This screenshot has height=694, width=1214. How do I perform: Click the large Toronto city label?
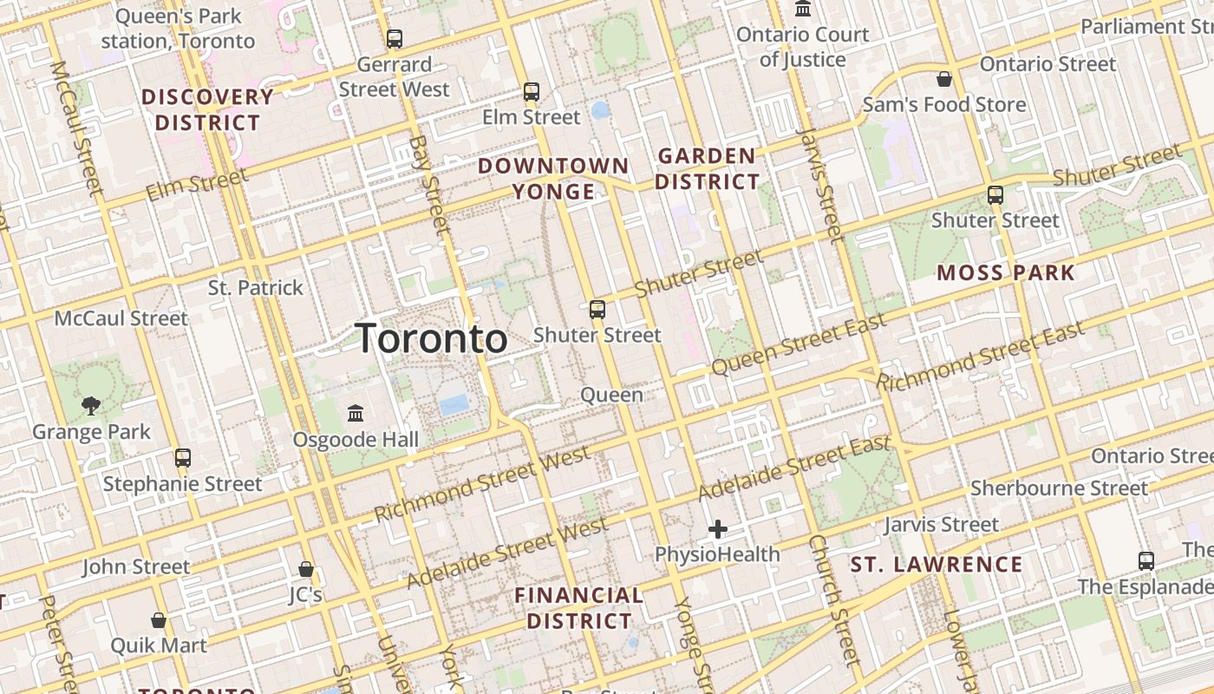432,338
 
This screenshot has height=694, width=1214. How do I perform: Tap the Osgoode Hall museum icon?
356,413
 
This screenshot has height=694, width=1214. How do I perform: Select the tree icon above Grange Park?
91,405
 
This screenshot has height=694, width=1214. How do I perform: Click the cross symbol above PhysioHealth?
718,528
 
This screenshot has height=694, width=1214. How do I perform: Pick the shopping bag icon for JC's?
305,569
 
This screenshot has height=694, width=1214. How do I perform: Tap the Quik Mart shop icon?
158,619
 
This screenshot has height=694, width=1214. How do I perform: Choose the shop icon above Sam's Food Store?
944,79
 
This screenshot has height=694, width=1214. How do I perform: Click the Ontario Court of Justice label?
802,47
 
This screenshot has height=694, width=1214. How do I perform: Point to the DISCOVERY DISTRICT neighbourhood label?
207,109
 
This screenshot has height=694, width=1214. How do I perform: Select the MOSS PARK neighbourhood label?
1006,272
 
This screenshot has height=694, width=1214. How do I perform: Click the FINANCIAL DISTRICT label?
579,608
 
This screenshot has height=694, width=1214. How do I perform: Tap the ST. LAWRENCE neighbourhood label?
937,565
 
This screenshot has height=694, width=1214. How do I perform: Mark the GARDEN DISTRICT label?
707,169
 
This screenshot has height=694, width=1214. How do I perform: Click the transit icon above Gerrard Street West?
395,39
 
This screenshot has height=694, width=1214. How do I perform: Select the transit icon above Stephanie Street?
182,457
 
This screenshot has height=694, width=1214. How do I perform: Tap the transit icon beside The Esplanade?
1146,560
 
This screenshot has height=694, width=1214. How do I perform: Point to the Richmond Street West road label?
482,484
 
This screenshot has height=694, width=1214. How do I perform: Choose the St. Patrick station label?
256,288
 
